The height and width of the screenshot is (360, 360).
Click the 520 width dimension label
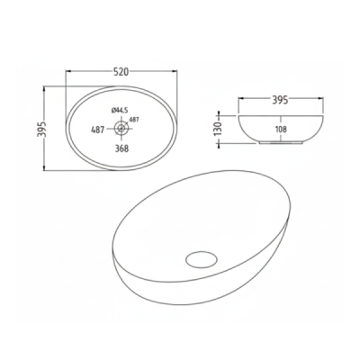121,72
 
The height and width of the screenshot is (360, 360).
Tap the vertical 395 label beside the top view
41,129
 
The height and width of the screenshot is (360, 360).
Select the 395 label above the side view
280,99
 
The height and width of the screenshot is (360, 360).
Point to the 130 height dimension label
218,128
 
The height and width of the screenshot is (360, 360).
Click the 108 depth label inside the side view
281,130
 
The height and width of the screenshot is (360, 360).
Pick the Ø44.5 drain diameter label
118,111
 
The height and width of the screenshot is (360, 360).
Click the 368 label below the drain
121,148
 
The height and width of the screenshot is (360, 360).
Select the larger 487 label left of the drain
97,130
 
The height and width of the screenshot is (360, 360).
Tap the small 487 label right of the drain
134,120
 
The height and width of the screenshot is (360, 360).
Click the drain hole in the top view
121,128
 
